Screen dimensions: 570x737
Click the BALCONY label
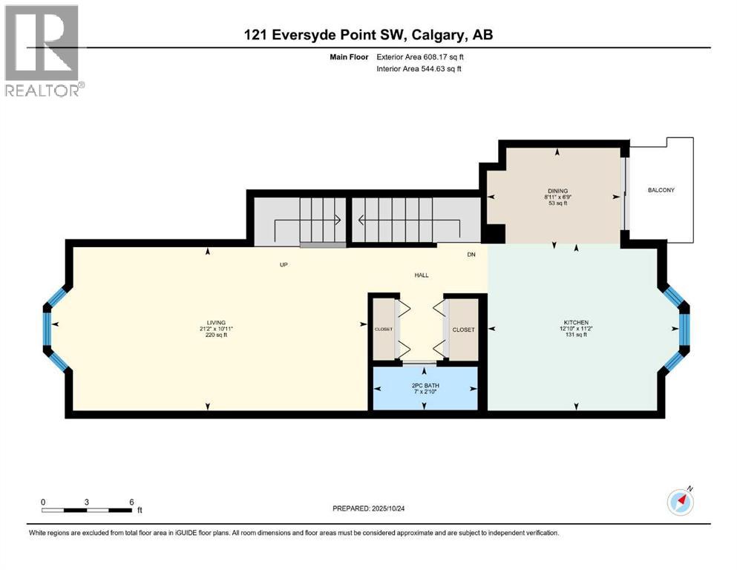[x=661, y=191]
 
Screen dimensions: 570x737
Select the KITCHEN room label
[x=575, y=322]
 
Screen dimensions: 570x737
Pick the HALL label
[x=422, y=275]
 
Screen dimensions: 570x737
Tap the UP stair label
[x=284, y=265]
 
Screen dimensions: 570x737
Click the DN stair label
[x=471, y=255]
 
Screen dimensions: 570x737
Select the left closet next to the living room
[x=384, y=329]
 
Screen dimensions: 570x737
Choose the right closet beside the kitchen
[x=464, y=329]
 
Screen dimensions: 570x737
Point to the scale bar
[x=88, y=510]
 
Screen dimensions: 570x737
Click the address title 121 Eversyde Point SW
[x=368, y=34]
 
